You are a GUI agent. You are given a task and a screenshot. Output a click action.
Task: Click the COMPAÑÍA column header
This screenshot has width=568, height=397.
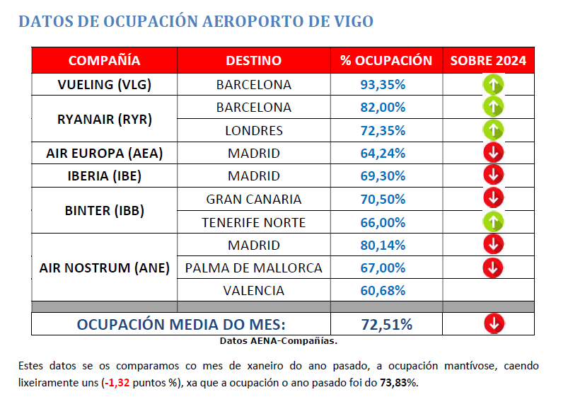click(x=104, y=60)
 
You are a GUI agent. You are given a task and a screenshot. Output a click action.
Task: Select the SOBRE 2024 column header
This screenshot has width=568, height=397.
click(x=488, y=60)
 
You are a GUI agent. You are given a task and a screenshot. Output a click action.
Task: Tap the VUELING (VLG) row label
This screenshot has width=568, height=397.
click(x=104, y=84)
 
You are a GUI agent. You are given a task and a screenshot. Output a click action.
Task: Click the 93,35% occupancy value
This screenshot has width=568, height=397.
click(x=383, y=84)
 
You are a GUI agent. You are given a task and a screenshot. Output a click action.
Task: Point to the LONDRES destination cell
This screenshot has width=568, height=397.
click(x=253, y=130)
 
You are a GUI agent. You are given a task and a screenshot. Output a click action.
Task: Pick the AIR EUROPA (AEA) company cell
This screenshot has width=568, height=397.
click(x=104, y=153)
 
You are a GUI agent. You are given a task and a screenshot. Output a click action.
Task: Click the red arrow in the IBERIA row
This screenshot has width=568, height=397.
click(x=493, y=175)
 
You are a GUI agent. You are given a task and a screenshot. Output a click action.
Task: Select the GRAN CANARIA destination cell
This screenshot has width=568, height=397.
click(x=253, y=199)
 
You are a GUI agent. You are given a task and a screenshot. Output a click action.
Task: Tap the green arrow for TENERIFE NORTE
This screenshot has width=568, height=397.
click(x=493, y=221)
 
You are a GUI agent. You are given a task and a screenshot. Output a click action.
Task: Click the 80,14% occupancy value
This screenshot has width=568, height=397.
click(x=383, y=245)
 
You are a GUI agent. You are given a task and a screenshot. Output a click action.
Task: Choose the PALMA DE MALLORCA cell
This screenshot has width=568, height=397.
click(x=253, y=267)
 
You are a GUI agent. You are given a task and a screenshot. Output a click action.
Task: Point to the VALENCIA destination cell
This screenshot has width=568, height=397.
click(x=253, y=290)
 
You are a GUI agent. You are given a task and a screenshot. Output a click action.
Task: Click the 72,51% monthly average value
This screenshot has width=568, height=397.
click(x=383, y=324)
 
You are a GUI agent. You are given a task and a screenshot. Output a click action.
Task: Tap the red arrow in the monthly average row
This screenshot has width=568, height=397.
click(x=494, y=323)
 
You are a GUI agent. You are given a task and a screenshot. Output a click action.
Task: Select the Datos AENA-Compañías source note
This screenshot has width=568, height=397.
click(x=278, y=340)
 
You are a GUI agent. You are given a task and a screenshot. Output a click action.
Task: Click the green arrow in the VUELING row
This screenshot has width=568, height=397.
click(x=493, y=85)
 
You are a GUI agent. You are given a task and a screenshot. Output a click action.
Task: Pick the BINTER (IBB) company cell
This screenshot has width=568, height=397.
click(x=104, y=210)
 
